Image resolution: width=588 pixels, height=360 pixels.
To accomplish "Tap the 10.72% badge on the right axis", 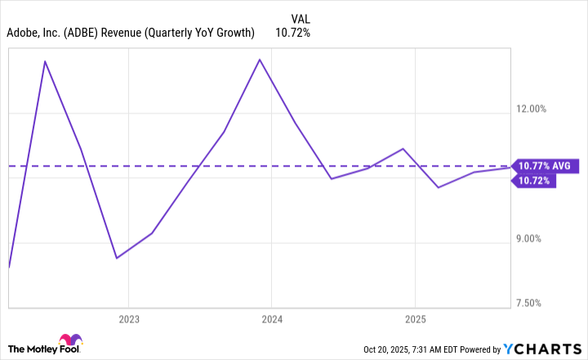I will pos(532,180).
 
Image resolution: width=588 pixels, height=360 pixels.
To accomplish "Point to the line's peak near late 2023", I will pos(260,60).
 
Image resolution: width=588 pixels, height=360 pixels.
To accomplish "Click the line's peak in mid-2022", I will pos(45,61).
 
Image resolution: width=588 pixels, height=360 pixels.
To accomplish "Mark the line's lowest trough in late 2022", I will pos(116,258).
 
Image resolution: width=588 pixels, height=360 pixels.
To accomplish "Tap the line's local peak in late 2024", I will pos(403,149).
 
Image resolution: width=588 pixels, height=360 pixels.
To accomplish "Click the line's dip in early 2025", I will pos(439,188).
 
